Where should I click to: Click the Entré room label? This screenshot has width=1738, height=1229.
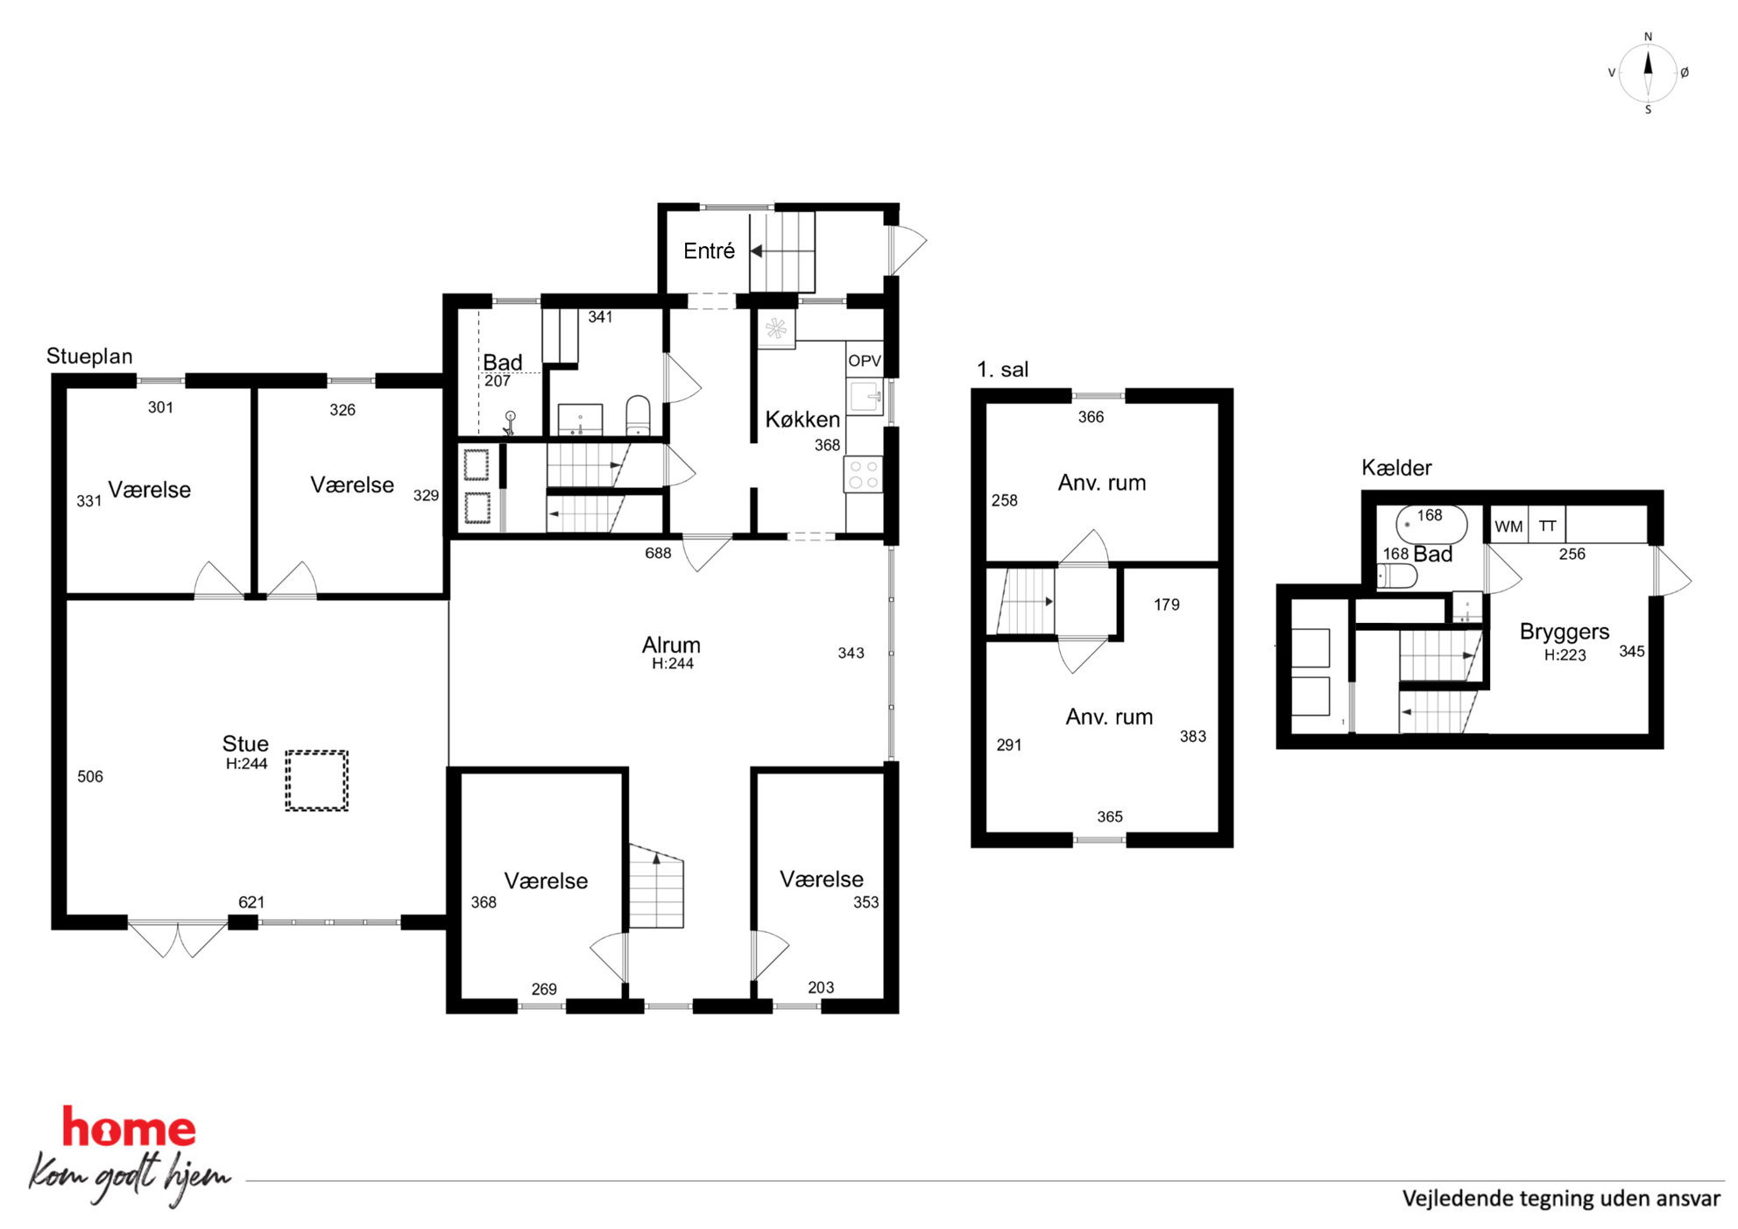pos(709,251)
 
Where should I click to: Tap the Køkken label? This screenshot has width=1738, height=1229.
pos(802,420)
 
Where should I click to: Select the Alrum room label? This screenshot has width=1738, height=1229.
pos(671,645)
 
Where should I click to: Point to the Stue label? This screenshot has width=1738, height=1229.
pos(245,744)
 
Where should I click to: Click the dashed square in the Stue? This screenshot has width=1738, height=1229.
pos(316,780)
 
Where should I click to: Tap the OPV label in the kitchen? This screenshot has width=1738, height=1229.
pos(865,361)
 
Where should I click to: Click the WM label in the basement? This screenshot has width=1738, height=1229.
pos(1508,526)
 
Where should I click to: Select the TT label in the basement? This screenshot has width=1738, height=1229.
pos(1548,526)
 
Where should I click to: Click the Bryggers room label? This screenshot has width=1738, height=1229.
pos(1565,632)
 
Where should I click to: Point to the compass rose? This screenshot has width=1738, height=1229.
pos(1648,74)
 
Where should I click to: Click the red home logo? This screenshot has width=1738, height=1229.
pos(129,1127)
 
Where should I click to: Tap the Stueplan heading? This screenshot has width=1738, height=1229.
pos(89,357)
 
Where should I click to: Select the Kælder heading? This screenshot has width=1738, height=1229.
pos(1396,468)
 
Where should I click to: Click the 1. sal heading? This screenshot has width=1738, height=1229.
pos(1003,370)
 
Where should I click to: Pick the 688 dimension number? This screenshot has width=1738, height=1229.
pos(658,554)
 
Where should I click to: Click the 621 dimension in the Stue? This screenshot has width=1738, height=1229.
pos(251,902)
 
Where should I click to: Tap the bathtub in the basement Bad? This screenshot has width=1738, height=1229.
pos(1431,525)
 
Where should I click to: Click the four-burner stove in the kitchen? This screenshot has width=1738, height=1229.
pos(864,475)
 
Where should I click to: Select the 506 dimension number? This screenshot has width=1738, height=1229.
pos(90,777)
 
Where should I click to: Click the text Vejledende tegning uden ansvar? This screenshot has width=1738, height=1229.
pos(1561,1198)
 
